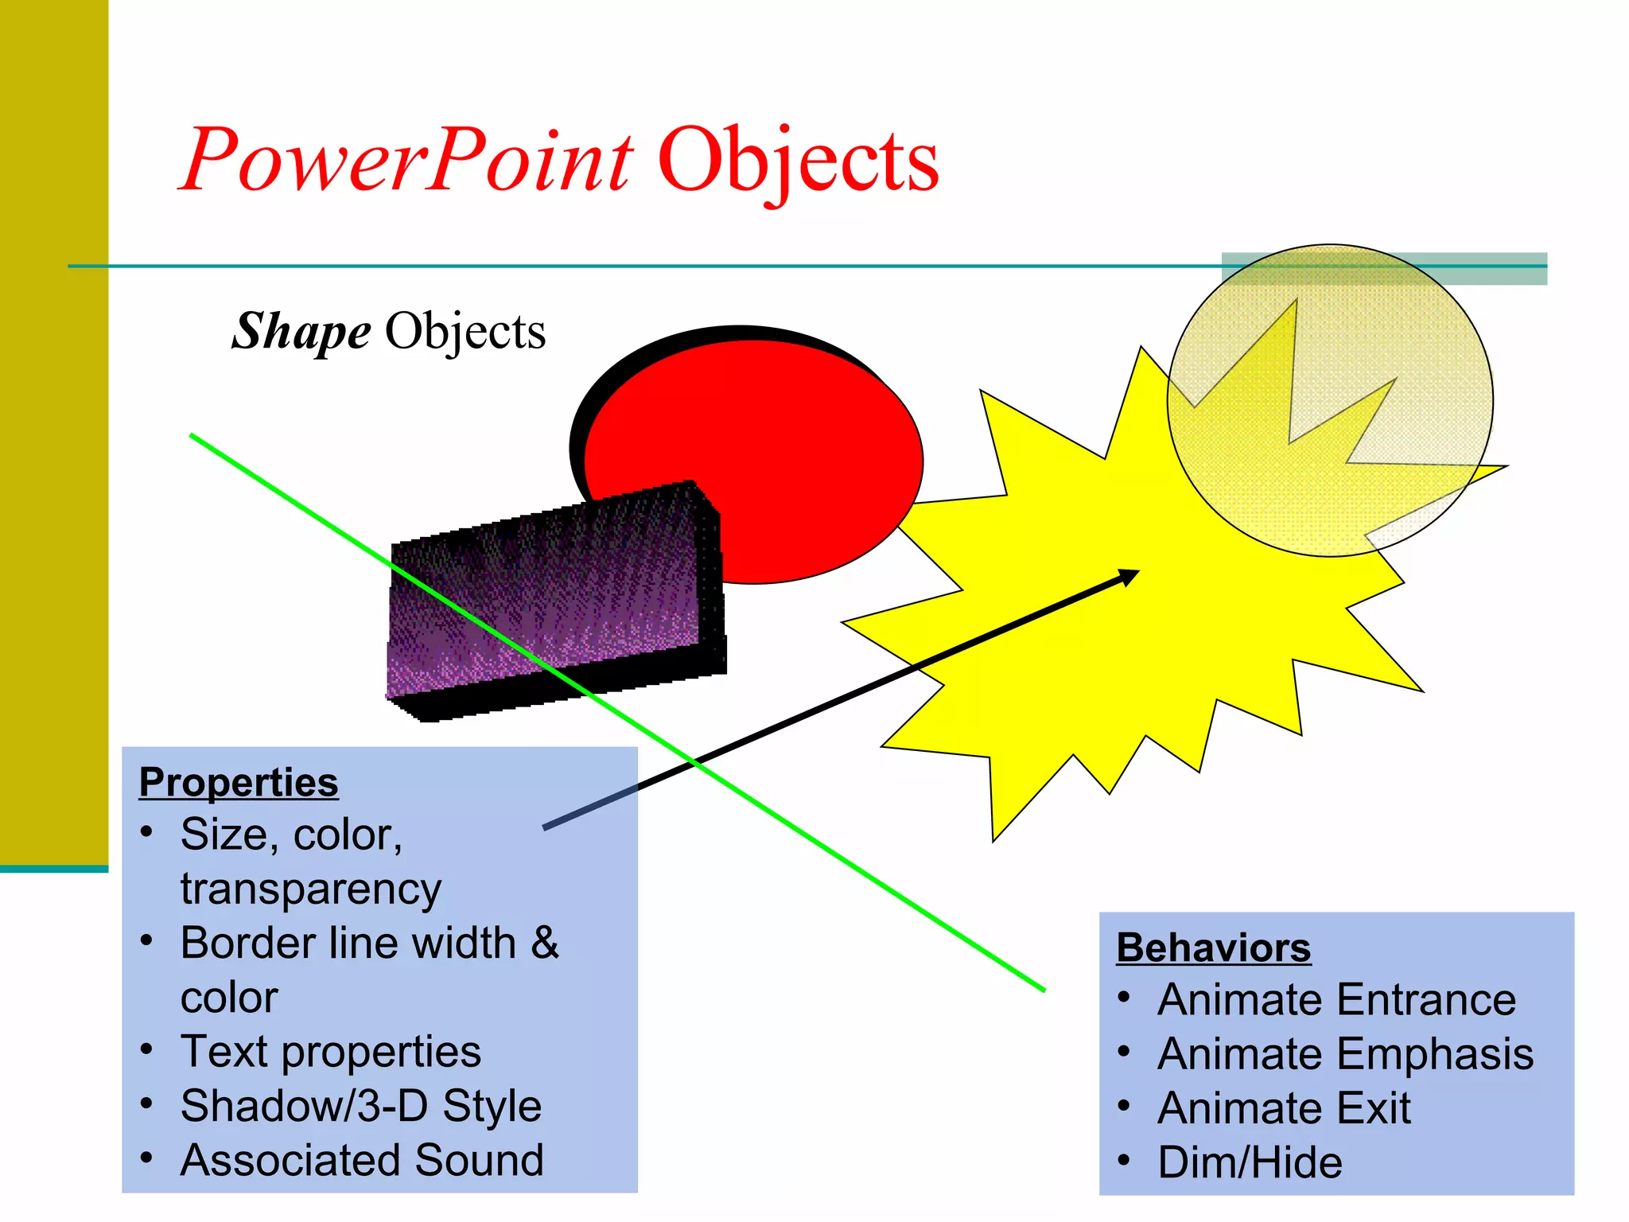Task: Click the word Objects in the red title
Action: click(x=798, y=162)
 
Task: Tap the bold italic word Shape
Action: click(x=301, y=331)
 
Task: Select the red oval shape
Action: click(x=795, y=430)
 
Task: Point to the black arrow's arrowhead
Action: click(x=1131, y=574)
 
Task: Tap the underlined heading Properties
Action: click(x=239, y=782)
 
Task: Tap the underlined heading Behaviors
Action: click(x=1213, y=948)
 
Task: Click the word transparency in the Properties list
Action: click(x=310, y=889)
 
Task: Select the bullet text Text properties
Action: click(x=330, y=1052)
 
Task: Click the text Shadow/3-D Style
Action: click(x=360, y=1106)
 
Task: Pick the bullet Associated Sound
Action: click(x=362, y=1160)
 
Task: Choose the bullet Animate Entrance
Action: click(x=1336, y=999)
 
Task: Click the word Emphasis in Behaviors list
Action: click(x=1440, y=1054)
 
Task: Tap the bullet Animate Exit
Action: click(x=1284, y=1108)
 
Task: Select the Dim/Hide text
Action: click(x=1250, y=1162)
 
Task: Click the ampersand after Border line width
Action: click(x=545, y=943)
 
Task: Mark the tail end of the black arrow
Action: click(x=546, y=827)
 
